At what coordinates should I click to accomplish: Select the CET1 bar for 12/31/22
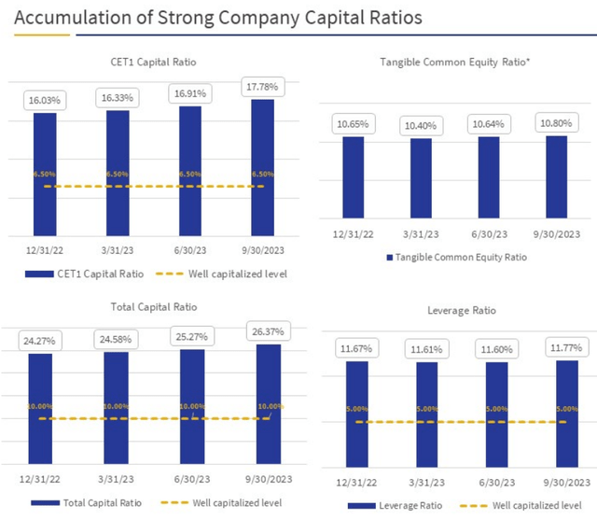click(45, 173)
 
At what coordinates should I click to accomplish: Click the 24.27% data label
click(40, 342)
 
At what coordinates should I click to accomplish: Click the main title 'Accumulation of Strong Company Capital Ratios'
click(202, 18)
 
